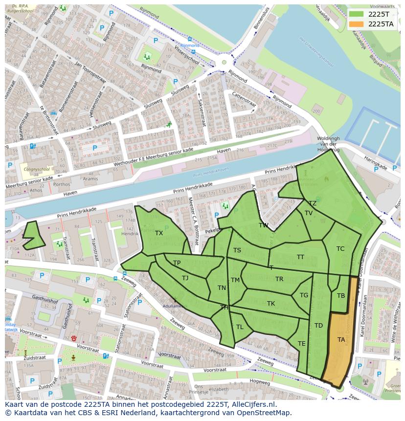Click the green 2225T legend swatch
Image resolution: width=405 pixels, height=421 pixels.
pos(357,14)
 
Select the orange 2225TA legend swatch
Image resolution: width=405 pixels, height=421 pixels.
pos(357,24)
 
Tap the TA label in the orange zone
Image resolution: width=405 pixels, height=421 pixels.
pos(341,339)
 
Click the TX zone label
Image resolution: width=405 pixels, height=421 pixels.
pos(159,233)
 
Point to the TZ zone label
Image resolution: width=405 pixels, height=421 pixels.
pos(313,203)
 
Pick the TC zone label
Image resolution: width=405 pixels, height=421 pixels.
pos(340,249)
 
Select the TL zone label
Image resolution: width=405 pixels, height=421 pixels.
pos(240,327)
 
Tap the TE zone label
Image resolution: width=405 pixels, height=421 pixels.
pos(302,344)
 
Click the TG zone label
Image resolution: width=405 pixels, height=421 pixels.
pos(304,295)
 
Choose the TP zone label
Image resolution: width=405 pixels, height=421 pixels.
pos(177,263)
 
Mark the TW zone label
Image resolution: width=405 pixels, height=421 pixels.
pos(264,225)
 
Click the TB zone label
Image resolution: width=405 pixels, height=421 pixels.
pos(341,296)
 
